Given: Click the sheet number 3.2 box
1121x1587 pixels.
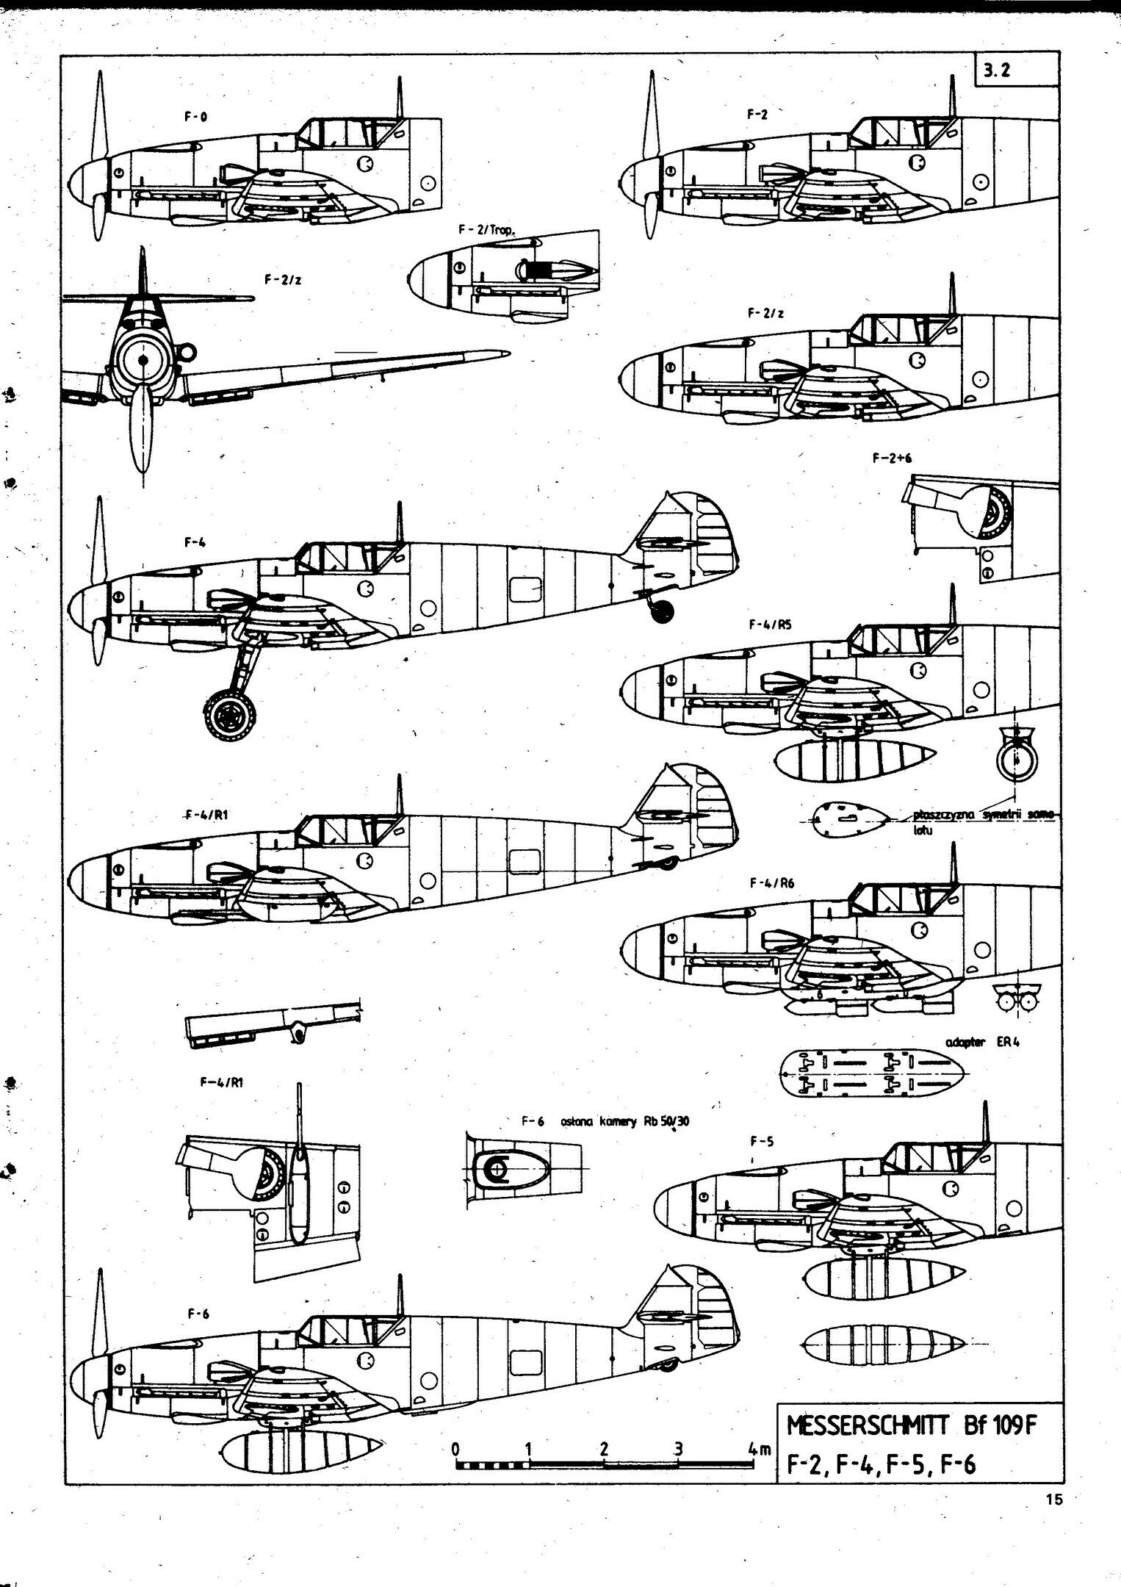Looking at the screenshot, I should point(1016,71).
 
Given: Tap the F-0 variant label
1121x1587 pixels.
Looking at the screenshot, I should point(195,116).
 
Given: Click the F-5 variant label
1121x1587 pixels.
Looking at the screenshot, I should point(761,1142).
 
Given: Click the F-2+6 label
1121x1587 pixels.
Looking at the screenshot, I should point(893,457).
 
